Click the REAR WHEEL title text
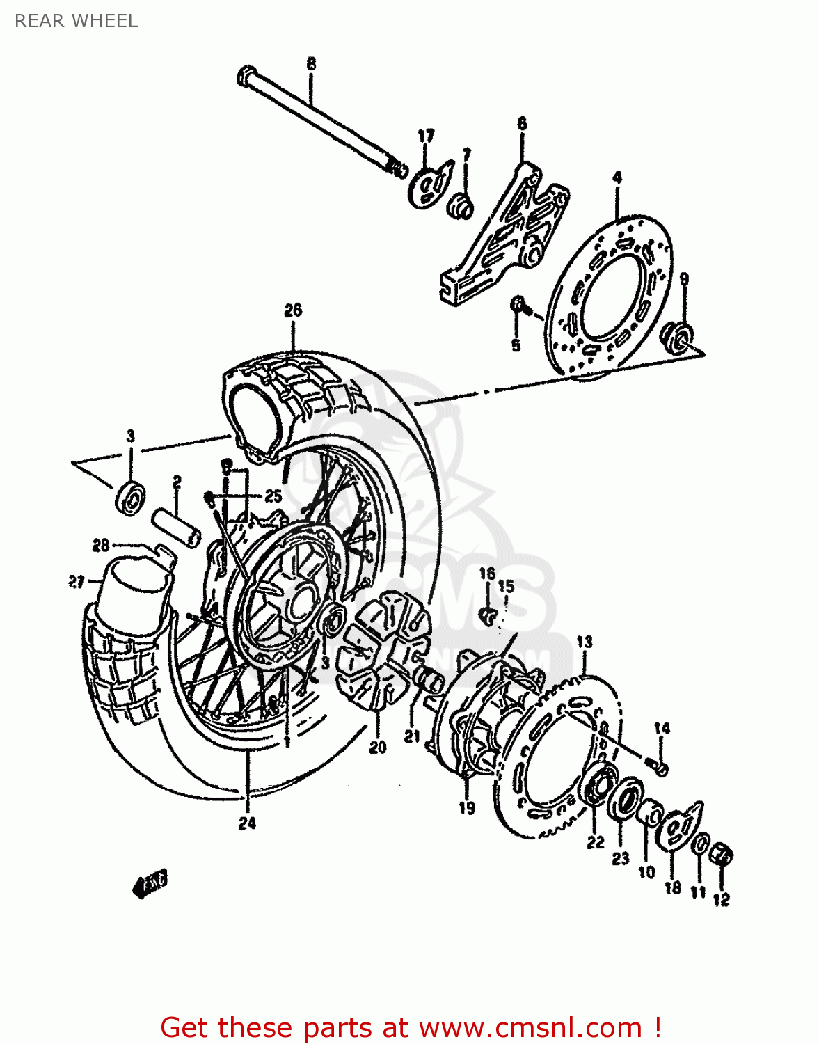[76, 21]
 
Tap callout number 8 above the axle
[311, 64]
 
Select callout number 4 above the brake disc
[617, 178]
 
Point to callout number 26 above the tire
[293, 310]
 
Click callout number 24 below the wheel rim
[247, 823]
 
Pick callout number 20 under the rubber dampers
[377, 748]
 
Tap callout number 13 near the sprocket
[585, 642]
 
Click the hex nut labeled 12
[723, 855]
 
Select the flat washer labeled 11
[701, 843]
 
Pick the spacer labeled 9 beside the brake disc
[677, 335]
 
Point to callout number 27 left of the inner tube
[76, 582]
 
